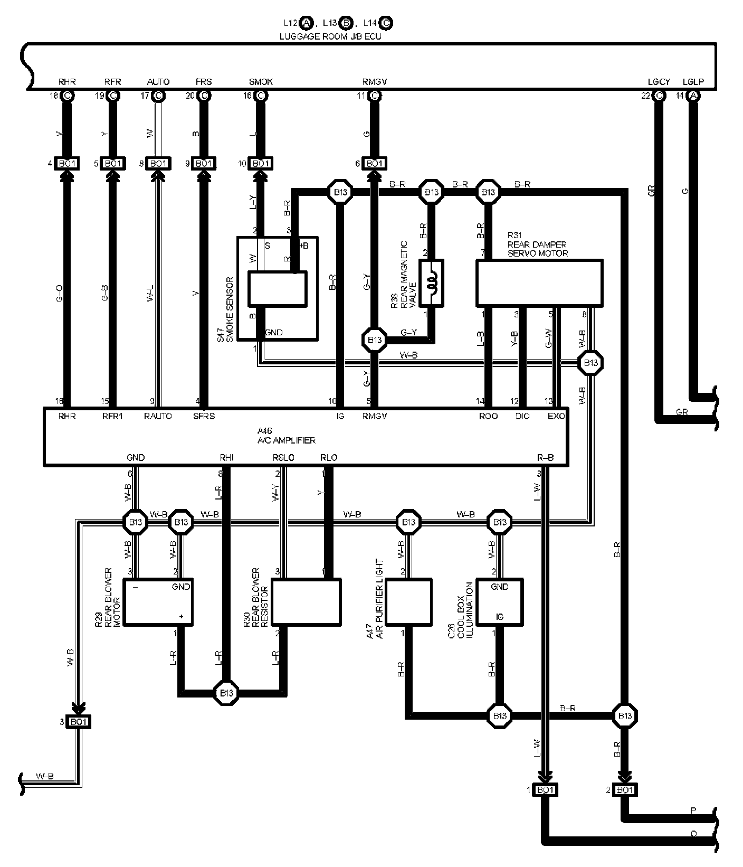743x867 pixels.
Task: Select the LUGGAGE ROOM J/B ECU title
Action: (x=330, y=36)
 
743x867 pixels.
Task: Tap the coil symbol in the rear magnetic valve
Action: (x=432, y=283)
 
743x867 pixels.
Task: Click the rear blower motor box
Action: (x=158, y=602)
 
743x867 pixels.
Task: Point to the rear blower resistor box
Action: (x=306, y=602)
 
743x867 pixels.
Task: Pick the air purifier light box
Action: (x=408, y=602)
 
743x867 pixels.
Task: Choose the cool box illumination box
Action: (x=499, y=602)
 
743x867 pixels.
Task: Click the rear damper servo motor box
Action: (x=539, y=282)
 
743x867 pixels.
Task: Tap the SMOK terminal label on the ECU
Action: (x=261, y=82)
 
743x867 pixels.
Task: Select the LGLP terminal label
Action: (x=693, y=82)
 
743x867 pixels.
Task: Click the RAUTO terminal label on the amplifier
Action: (x=158, y=416)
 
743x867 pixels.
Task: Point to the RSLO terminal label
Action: (x=283, y=458)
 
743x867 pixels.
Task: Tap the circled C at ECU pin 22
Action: (x=659, y=96)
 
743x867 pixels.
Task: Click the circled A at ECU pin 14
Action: (x=693, y=96)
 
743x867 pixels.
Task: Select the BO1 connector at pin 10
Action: (x=261, y=164)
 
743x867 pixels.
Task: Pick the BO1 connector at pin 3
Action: (x=79, y=722)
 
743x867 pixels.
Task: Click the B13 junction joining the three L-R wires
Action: (x=227, y=692)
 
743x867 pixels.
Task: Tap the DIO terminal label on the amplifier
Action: (x=522, y=416)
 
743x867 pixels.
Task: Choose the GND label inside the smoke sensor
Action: (x=273, y=333)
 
